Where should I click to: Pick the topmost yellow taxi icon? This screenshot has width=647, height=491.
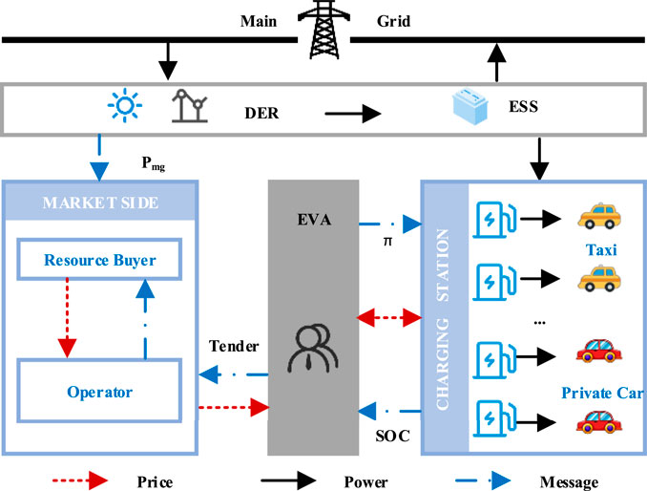click(x=598, y=219)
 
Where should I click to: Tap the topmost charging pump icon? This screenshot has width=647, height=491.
click(x=493, y=219)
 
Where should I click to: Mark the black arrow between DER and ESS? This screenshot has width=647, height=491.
click(x=352, y=115)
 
